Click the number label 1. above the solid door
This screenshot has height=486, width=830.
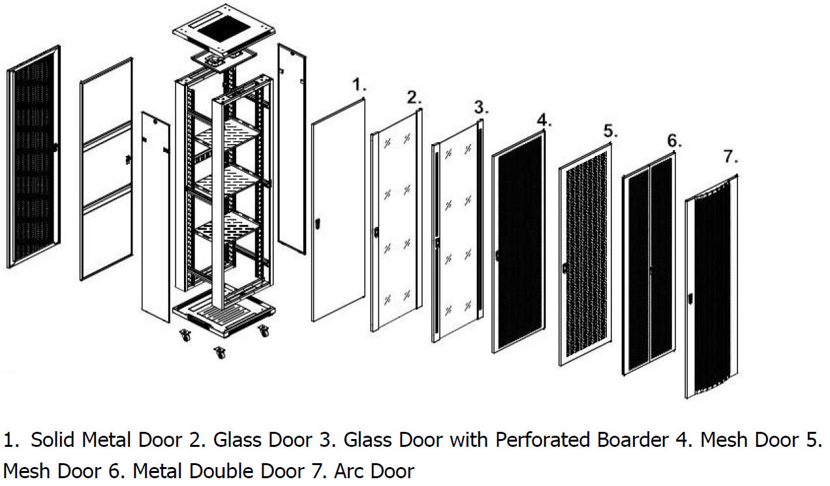click(359, 84)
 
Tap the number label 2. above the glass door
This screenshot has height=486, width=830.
click(414, 99)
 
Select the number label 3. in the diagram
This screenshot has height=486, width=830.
click(481, 106)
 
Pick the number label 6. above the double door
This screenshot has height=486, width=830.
click(673, 142)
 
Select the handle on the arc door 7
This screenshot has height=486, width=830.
click(690, 299)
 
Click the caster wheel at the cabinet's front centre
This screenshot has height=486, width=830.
click(220, 353)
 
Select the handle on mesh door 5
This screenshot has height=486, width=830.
click(564, 267)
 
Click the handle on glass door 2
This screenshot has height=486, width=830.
click(377, 232)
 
